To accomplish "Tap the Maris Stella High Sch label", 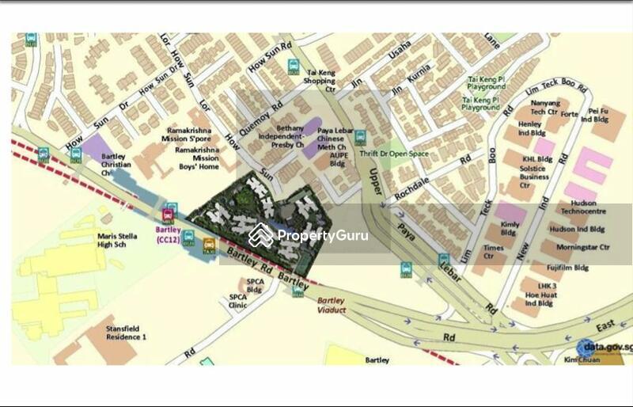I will (x=118, y=240).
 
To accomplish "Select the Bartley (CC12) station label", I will (x=168, y=234).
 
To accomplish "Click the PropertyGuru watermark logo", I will (x=309, y=235).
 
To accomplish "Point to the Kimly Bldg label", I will (x=509, y=229).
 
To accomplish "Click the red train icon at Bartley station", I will (x=167, y=215).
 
